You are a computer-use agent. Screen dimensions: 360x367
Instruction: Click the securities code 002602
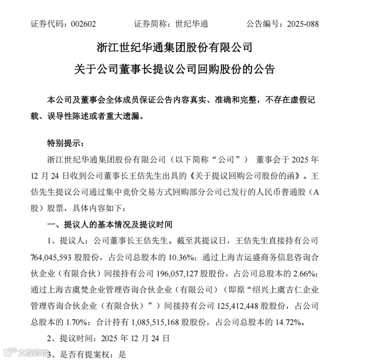click(82, 24)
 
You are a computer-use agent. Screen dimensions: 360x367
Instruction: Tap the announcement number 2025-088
click(300, 24)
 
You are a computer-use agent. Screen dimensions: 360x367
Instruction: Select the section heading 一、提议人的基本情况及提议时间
click(110, 225)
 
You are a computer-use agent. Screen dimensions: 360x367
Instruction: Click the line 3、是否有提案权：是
click(87, 354)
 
